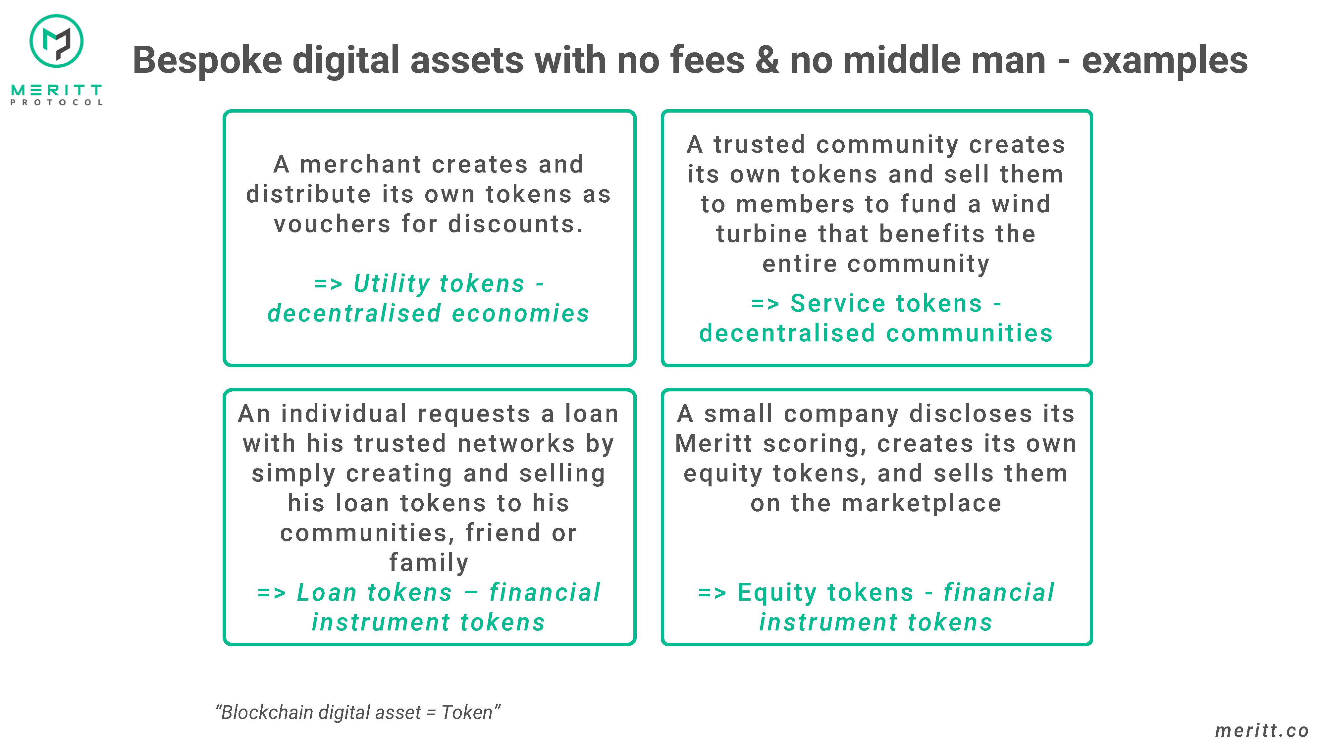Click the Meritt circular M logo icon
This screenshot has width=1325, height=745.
point(57,41)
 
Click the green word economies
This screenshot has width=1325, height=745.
point(520,314)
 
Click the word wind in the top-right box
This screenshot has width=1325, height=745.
point(1021,204)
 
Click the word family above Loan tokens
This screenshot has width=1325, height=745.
point(429,563)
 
